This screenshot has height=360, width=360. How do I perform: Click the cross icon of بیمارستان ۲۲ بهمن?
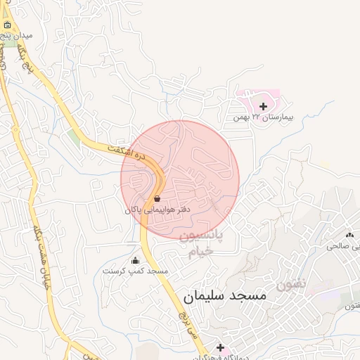(263, 106)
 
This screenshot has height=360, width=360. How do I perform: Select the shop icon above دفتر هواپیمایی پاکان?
(156, 199)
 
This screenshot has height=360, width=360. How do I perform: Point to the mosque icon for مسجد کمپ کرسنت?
(135, 261)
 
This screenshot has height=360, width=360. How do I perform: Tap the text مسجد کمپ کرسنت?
(135, 271)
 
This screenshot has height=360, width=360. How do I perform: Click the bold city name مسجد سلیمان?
(225, 296)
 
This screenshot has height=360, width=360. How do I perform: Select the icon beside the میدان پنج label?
(7, 25)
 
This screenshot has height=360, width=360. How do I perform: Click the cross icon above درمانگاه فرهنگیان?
(220, 347)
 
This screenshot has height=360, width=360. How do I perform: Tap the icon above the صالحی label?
(349, 235)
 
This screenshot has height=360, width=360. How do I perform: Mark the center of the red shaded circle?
(180, 179)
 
